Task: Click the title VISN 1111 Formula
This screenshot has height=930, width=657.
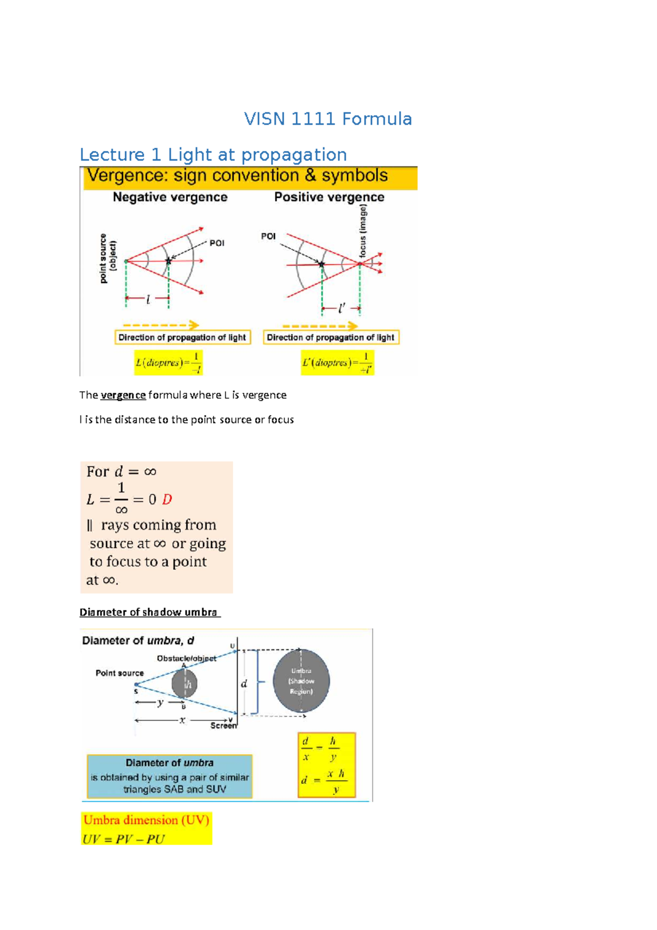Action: (x=327, y=119)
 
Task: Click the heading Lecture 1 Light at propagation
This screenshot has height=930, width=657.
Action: (x=213, y=154)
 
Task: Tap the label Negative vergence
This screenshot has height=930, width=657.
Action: (x=170, y=197)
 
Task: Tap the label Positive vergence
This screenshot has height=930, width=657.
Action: (x=329, y=197)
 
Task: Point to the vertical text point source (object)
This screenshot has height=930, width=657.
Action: (x=107, y=258)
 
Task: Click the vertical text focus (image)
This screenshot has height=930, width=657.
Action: (x=363, y=231)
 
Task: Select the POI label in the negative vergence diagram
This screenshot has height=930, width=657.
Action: (x=217, y=243)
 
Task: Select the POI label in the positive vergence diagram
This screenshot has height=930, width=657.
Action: (x=268, y=236)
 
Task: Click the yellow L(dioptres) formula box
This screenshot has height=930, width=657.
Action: (x=169, y=363)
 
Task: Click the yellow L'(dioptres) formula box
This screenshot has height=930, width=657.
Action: (x=337, y=363)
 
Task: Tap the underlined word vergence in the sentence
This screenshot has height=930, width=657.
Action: (x=123, y=395)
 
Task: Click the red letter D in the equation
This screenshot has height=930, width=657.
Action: (x=167, y=500)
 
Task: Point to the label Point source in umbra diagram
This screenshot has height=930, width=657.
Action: (x=119, y=673)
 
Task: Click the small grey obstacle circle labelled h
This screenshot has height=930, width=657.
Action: (x=185, y=684)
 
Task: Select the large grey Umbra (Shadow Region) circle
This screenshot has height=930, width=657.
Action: (x=301, y=681)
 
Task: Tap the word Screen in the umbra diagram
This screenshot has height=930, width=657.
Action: (x=223, y=726)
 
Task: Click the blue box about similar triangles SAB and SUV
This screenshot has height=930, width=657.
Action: (x=169, y=776)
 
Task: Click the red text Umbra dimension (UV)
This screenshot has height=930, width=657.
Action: (x=146, y=820)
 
